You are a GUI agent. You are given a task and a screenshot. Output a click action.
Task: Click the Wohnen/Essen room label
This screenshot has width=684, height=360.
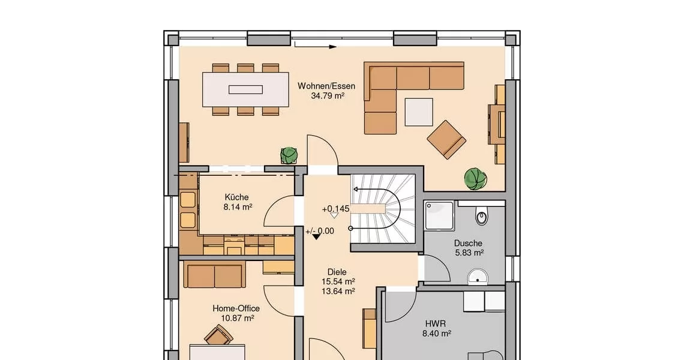click(x=326, y=86)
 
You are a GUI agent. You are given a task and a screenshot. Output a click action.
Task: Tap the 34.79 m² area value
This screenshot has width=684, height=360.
click(x=328, y=95)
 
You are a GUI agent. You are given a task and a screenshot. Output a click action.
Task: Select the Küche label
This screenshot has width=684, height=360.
click(x=237, y=197)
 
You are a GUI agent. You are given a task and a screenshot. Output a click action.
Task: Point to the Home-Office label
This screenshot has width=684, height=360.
click(x=236, y=308)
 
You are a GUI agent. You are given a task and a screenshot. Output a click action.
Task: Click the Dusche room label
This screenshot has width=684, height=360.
click(x=468, y=243)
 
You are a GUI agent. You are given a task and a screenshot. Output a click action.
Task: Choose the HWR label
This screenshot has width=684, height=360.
click(x=436, y=324)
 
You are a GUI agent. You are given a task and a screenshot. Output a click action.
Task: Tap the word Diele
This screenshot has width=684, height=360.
click(x=337, y=272)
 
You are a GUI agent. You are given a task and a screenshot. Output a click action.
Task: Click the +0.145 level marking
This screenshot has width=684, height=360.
click(x=335, y=209)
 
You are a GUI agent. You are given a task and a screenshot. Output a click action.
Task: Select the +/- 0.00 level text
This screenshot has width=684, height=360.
click(x=320, y=231)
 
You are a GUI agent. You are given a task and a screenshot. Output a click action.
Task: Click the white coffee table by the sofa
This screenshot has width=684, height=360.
click(x=419, y=112)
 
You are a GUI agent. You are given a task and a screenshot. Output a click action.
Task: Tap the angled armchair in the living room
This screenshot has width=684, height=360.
click(x=446, y=139)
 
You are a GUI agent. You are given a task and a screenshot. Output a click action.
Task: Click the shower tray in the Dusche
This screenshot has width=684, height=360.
click(x=439, y=215)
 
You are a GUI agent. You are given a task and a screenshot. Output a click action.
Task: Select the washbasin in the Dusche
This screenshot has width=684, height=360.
click(x=478, y=276)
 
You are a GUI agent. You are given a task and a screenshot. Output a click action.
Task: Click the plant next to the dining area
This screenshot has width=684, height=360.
click(x=289, y=155)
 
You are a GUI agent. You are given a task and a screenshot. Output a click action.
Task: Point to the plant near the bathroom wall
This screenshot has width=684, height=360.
click(x=475, y=179)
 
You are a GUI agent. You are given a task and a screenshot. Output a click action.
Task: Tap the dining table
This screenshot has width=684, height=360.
click(x=245, y=89)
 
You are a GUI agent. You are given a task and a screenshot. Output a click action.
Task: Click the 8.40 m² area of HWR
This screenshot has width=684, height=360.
click(x=436, y=334)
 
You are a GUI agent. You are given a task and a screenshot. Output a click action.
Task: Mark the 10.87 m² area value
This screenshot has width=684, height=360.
click(x=238, y=318)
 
